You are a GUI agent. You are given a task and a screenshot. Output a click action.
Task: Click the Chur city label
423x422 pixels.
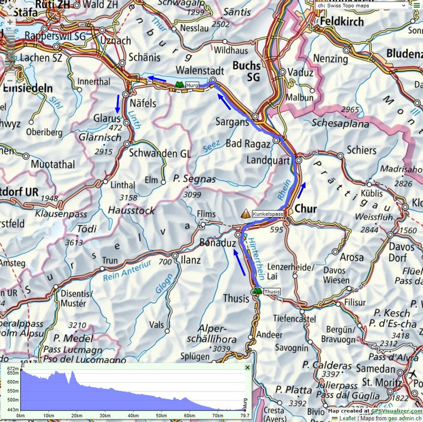(x=305, y=209)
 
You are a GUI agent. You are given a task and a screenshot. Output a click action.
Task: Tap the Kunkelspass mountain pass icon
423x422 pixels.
(x=245, y=214)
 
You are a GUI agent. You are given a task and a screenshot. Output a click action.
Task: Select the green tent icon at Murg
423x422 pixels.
(x=178, y=84)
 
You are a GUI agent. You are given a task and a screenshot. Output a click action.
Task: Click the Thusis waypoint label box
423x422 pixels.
(x=272, y=292)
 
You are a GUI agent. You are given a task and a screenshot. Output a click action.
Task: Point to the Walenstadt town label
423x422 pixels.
(x=197, y=70)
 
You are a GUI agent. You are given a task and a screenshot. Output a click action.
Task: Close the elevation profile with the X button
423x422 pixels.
(x=247, y=367)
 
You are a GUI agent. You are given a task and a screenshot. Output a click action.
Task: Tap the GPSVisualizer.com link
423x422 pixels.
(x=396, y=411)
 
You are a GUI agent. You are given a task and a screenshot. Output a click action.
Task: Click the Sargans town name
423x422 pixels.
(x=232, y=122)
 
